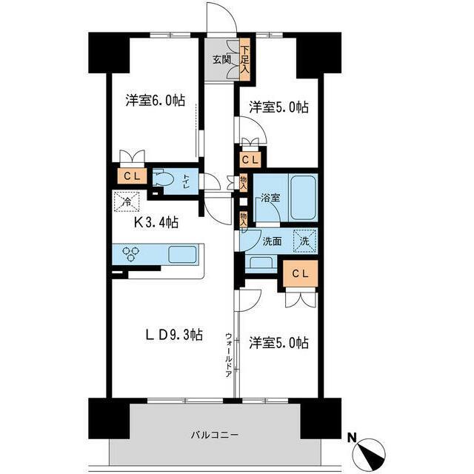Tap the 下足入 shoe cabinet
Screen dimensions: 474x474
[x=244, y=60]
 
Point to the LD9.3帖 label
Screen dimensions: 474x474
[x=173, y=335]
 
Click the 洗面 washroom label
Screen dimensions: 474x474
[x=273, y=241]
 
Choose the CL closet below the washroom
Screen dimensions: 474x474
[x=300, y=273]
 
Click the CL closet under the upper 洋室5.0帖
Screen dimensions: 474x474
[x=250, y=159]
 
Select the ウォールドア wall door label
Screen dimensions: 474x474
[x=230, y=355]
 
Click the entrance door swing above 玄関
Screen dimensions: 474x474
[x=219, y=19]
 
